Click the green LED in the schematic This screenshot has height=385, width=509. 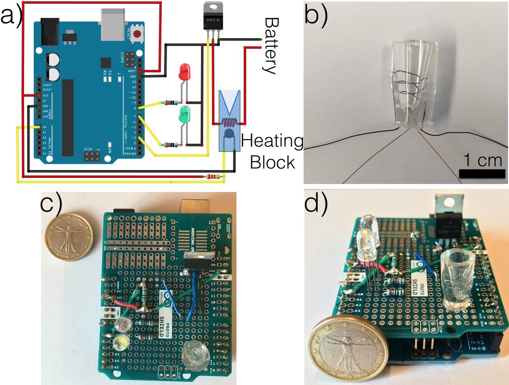click(x=185, y=114)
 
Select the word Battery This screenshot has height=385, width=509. click(x=270, y=46)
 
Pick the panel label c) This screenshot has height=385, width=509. click(x=51, y=205)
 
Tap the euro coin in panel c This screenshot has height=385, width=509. click(x=68, y=239)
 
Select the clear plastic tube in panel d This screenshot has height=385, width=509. click(x=456, y=280)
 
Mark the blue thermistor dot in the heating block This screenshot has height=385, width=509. click(x=229, y=135)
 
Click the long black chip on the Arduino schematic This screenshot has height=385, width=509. click(x=68, y=116)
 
